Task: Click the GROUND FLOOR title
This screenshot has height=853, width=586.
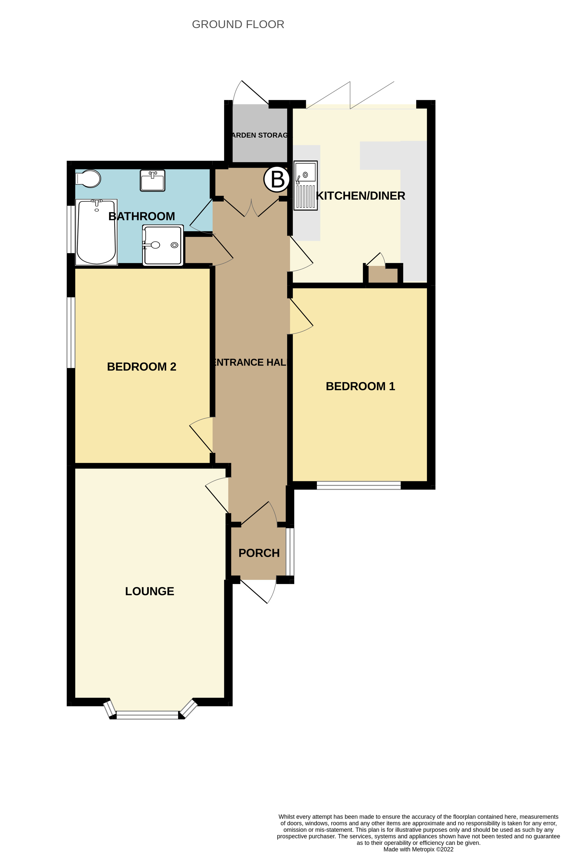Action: pyautogui.click(x=238, y=24)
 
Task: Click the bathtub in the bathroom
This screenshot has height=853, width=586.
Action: pyautogui.click(x=96, y=232)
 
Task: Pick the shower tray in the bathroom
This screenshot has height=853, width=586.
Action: pyautogui.click(x=163, y=245)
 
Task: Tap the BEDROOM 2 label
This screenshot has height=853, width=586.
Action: pyautogui.click(x=141, y=366)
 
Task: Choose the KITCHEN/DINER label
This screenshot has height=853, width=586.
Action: pyautogui.click(x=360, y=196)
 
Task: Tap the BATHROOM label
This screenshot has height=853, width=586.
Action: pyautogui.click(x=141, y=216)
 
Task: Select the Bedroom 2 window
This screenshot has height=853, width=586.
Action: pyautogui.click(x=71, y=332)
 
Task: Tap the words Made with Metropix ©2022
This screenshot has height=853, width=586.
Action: pyautogui.click(x=418, y=849)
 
